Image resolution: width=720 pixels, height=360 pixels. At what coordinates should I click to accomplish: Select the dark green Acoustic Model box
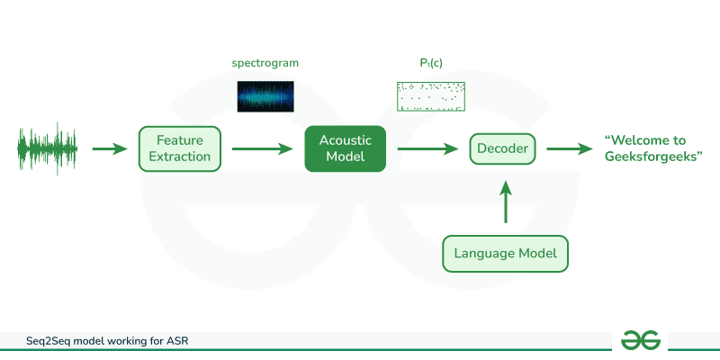coord(345,148)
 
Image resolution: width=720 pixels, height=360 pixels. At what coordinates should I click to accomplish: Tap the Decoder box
coord(502,148)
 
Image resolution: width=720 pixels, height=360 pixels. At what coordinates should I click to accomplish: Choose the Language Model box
coord(506,253)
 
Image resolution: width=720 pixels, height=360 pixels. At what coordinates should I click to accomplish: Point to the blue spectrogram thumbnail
coord(265,96)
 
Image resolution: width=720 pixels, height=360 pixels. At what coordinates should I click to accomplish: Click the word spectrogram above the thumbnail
coord(265,64)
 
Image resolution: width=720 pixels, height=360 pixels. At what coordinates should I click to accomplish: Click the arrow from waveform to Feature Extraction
coord(110,148)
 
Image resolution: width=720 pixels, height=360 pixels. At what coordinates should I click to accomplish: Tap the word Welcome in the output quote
coord(636,140)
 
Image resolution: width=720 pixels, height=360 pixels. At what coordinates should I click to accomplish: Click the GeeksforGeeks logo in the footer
coord(640,339)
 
